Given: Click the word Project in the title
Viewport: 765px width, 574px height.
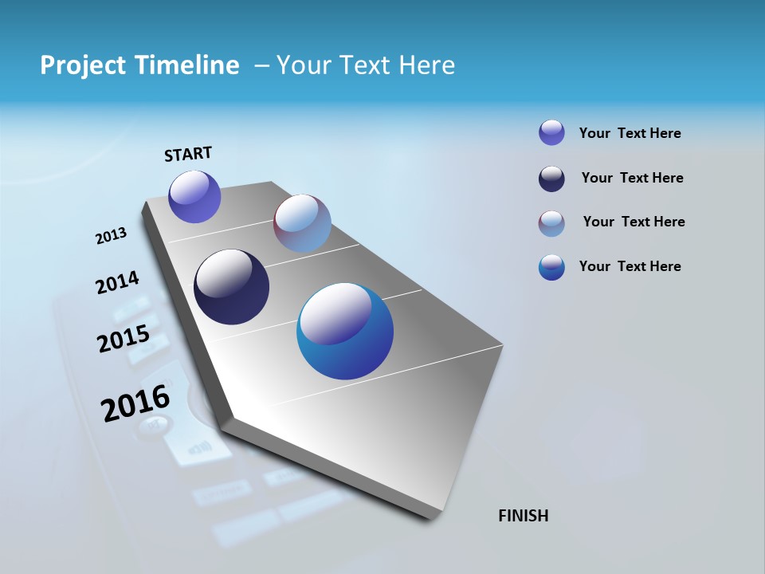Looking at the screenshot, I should pos(76,65).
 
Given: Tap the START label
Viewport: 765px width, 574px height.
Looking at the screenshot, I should pos(188,154).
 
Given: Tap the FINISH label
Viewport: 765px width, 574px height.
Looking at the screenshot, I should pos(524,516).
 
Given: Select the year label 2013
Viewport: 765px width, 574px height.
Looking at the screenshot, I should pos(111,236).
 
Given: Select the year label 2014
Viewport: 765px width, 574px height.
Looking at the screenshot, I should pos(117,283).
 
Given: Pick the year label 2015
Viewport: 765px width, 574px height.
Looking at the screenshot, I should pos(124,339).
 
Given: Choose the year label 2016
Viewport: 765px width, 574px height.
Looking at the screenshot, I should pos(135,403).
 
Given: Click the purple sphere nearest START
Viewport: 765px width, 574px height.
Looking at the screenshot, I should pos(194,197).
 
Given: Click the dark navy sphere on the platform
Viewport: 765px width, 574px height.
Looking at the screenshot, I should pos(231,287).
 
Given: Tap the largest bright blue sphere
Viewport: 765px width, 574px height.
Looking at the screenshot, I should pos(345,331).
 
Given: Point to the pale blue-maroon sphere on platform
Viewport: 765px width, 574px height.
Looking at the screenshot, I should pos(302,223).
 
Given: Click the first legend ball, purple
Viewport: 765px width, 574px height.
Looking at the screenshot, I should pos(551,132).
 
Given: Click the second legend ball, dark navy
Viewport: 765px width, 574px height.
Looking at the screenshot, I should pos(551,179).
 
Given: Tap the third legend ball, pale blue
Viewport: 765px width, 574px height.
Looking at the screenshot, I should pos(551,223).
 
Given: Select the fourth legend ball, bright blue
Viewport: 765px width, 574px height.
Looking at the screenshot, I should pos(551,267).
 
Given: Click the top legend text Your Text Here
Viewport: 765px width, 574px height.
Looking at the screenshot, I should pos(630,133).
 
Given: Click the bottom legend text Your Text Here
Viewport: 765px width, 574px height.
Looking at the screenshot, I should pos(630,266).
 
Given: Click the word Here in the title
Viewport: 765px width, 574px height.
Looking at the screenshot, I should pos(426,65).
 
